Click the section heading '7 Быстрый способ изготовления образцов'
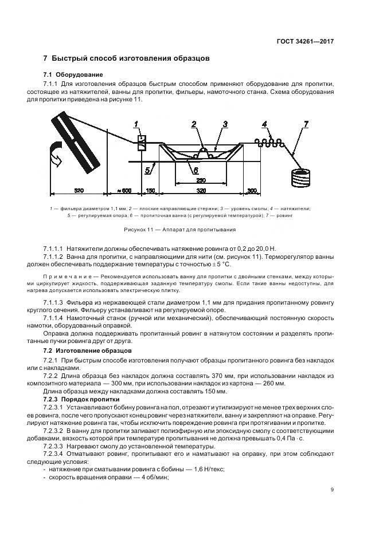pos(127,58)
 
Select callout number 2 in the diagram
pos(194,124)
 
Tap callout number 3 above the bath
pos(225,124)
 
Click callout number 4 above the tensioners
pos(264,124)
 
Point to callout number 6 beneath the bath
pos(195,170)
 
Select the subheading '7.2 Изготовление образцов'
pos(88,349)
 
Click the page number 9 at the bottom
pos(333,489)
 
